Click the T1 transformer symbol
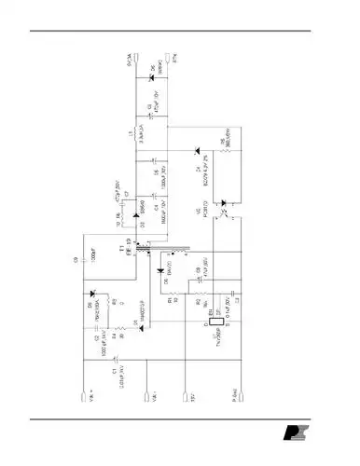tap(148, 249)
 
